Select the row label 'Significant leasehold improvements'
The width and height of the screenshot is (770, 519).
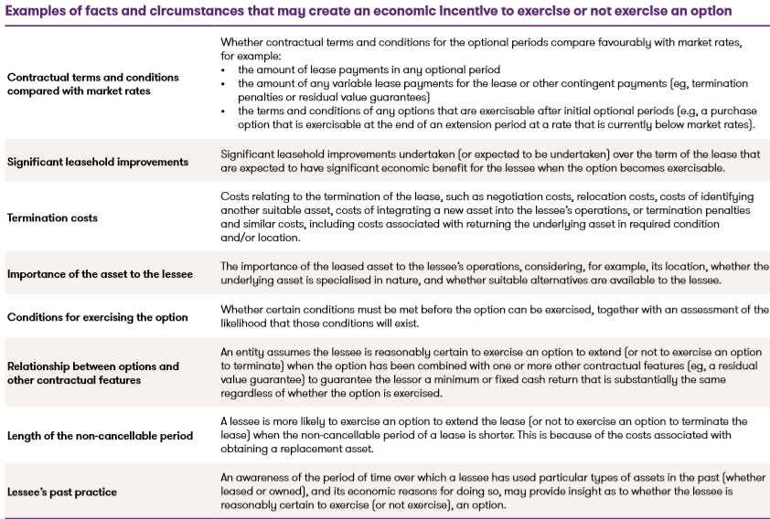[x=98, y=162]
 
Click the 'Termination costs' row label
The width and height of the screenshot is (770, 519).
[x=52, y=217]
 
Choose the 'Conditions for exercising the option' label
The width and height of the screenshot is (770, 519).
[x=98, y=317]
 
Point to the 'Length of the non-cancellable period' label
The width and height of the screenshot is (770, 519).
[x=100, y=436]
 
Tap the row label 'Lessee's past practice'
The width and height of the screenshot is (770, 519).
[x=62, y=492]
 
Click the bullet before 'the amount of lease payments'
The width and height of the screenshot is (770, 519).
[x=225, y=70]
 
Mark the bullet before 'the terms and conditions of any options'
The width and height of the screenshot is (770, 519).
[x=225, y=111]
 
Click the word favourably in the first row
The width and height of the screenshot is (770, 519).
[x=623, y=42]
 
